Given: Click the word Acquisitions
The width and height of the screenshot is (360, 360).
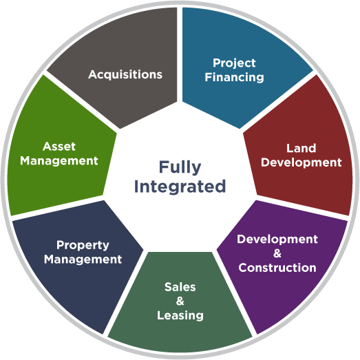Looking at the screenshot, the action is point(125,74).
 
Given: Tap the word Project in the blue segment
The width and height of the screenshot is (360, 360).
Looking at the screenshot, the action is point(234,63).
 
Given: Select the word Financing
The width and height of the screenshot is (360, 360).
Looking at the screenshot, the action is point(235,77).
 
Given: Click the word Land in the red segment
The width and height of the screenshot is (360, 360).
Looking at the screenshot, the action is point(301,148).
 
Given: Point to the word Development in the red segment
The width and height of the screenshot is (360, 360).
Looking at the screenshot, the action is point(301,162).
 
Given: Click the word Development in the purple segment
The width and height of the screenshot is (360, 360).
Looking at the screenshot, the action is point(277,240).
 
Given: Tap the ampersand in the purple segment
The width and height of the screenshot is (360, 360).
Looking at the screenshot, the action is point(277,253).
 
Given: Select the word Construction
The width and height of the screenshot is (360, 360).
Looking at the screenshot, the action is point(277,268).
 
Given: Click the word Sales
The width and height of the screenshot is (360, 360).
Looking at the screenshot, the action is point(180,287).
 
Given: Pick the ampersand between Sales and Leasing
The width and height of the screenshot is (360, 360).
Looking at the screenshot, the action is point(180,301).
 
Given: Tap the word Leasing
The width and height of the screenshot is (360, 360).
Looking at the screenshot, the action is point(180,316).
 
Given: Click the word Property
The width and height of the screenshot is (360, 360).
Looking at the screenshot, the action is point(83,246).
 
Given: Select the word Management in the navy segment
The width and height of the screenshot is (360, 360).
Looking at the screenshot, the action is point(83,260).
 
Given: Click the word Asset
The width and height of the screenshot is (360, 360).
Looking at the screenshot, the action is point(59,147).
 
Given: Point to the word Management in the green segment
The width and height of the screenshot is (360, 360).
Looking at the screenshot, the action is point(59,160).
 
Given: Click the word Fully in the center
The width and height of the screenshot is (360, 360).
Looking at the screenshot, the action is point(180,167).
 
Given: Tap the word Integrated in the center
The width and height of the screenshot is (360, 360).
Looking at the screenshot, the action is point(180,187).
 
